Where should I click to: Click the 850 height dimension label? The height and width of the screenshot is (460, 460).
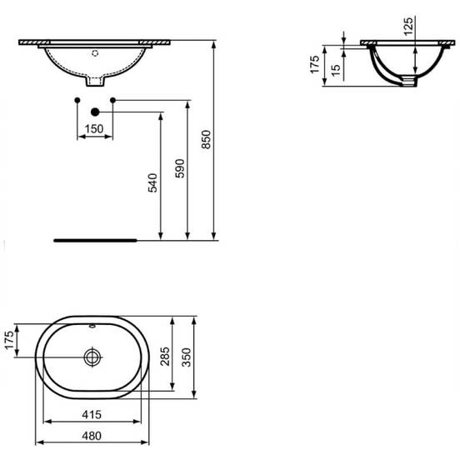pyautogui.click(x=207, y=139)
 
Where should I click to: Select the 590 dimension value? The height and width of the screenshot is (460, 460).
pyautogui.click(x=179, y=168)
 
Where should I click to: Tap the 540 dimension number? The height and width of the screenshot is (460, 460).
pyautogui.click(x=152, y=183)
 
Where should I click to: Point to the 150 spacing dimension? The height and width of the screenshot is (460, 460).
pyautogui.click(x=94, y=129)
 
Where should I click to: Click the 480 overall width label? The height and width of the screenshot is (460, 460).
pyautogui.click(x=92, y=436)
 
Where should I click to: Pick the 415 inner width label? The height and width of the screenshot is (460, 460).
pyautogui.click(x=92, y=414)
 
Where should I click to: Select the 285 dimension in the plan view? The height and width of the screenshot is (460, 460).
pyautogui.click(x=165, y=357)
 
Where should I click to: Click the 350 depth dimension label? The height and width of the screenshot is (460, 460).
pyautogui.click(x=187, y=357)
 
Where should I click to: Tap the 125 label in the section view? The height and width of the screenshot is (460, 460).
pyautogui.click(x=408, y=27)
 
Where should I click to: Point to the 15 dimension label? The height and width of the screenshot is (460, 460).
pyautogui.click(x=336, y=70)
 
